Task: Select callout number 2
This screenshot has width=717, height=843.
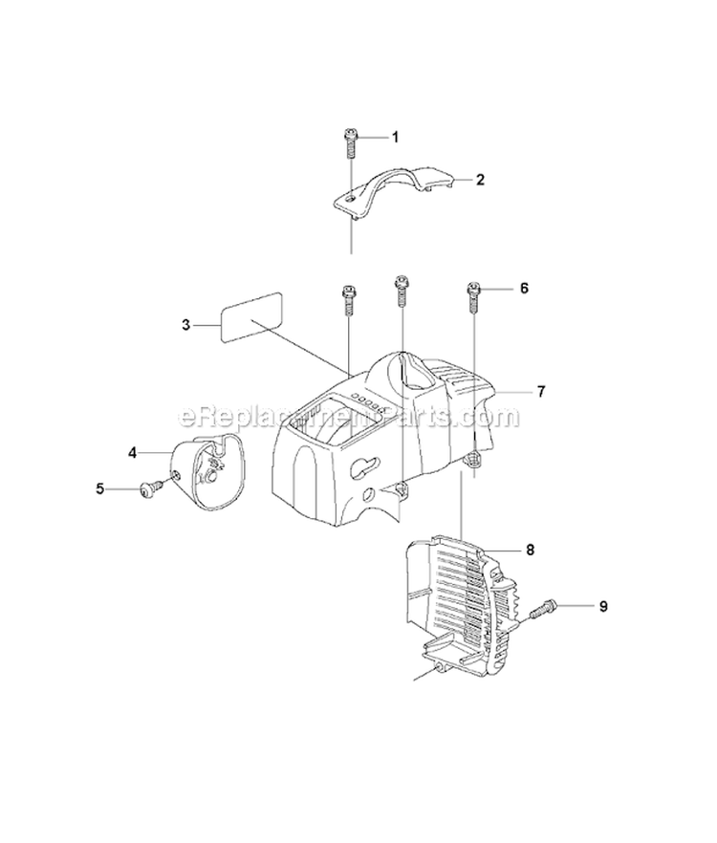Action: click(x=481, y=179)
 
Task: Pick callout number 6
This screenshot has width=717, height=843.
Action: click(x=523, y=287)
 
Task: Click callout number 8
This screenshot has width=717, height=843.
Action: click(x=531, y=550)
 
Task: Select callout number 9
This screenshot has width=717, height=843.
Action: click(x=603, y=605)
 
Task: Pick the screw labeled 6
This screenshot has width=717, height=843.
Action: click(x=473, y=298)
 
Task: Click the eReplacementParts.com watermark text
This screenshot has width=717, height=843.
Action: click(x=349, y=417)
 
